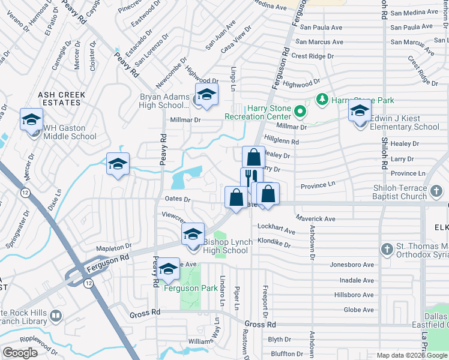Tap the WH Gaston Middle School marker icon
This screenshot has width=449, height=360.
(31, 119)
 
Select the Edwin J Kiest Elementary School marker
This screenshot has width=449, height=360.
(360, 112)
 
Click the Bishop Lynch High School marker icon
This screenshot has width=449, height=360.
(193, 235)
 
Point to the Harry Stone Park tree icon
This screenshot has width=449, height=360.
(322, 99)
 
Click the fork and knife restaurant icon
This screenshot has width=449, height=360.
(251, 178)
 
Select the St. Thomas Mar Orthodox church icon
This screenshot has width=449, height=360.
(388, 248)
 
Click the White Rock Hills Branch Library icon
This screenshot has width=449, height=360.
(55, 315)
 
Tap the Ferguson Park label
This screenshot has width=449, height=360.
(191, 289)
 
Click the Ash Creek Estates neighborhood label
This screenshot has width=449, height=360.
(62, 99)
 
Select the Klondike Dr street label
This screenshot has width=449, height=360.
(274, 245)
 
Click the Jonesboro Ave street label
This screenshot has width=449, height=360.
(352, 265)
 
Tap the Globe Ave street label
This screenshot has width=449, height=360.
(359, 310)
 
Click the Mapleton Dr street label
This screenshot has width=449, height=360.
(113, 247)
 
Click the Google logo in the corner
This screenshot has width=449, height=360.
(20, 353)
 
